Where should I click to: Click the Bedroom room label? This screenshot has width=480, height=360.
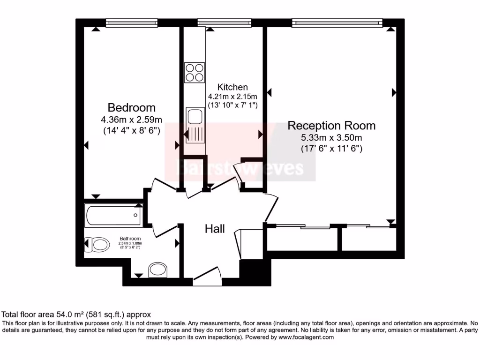[131, 107]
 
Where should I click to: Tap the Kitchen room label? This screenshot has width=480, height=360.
[232, 87]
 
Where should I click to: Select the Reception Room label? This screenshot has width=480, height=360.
[331, 126]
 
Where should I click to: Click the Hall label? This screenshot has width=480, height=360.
[215, 229]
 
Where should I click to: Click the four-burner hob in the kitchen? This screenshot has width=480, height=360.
[195, 72]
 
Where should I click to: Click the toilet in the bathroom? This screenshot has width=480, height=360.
[98, 244]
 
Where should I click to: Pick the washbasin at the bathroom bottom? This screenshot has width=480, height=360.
[157, 270]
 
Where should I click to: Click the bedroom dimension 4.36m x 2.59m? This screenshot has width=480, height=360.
[131, 120]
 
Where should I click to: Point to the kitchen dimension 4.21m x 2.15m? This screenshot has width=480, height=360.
[232, 97]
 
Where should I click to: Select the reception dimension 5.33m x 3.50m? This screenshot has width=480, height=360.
[331, 138]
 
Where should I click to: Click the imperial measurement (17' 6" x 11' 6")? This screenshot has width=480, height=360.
[331, 149]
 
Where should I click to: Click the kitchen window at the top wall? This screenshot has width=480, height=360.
[224, 22]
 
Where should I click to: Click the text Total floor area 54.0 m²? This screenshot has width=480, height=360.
[76, 315]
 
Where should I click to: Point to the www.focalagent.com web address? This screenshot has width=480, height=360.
[306, 337]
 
